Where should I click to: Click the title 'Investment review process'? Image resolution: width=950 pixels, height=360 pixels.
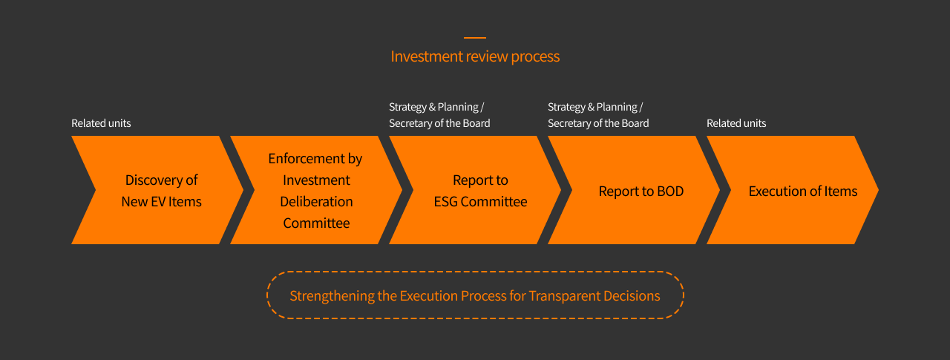pos(475,56)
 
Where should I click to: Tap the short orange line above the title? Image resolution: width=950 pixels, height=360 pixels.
pos(475,38)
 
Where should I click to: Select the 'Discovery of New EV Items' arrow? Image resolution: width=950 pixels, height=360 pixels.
pos(157,190)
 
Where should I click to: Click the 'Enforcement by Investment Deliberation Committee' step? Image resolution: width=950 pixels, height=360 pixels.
pos(316,190)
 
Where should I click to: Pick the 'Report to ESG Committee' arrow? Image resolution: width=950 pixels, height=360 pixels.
pos(476,190)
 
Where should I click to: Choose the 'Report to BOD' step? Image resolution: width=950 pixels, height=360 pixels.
pos(635,190)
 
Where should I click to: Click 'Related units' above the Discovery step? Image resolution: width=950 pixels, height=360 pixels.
pos(101,123)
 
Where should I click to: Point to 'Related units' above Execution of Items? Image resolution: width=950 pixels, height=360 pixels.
pos(736,123)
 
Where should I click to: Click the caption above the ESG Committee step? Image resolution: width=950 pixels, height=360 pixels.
pos(439,115)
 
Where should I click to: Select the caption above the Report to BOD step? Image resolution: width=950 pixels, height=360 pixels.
pos(598,115)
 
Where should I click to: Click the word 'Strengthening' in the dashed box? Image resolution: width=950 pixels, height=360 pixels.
pos(332,296)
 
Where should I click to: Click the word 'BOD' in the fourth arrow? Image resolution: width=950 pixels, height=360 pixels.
pos(670,192)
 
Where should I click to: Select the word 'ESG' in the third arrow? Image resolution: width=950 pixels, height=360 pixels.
pos(445,202)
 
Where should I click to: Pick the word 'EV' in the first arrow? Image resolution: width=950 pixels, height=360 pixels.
pos(158,202)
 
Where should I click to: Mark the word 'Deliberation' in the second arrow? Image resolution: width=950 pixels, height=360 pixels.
pos(316,202)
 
